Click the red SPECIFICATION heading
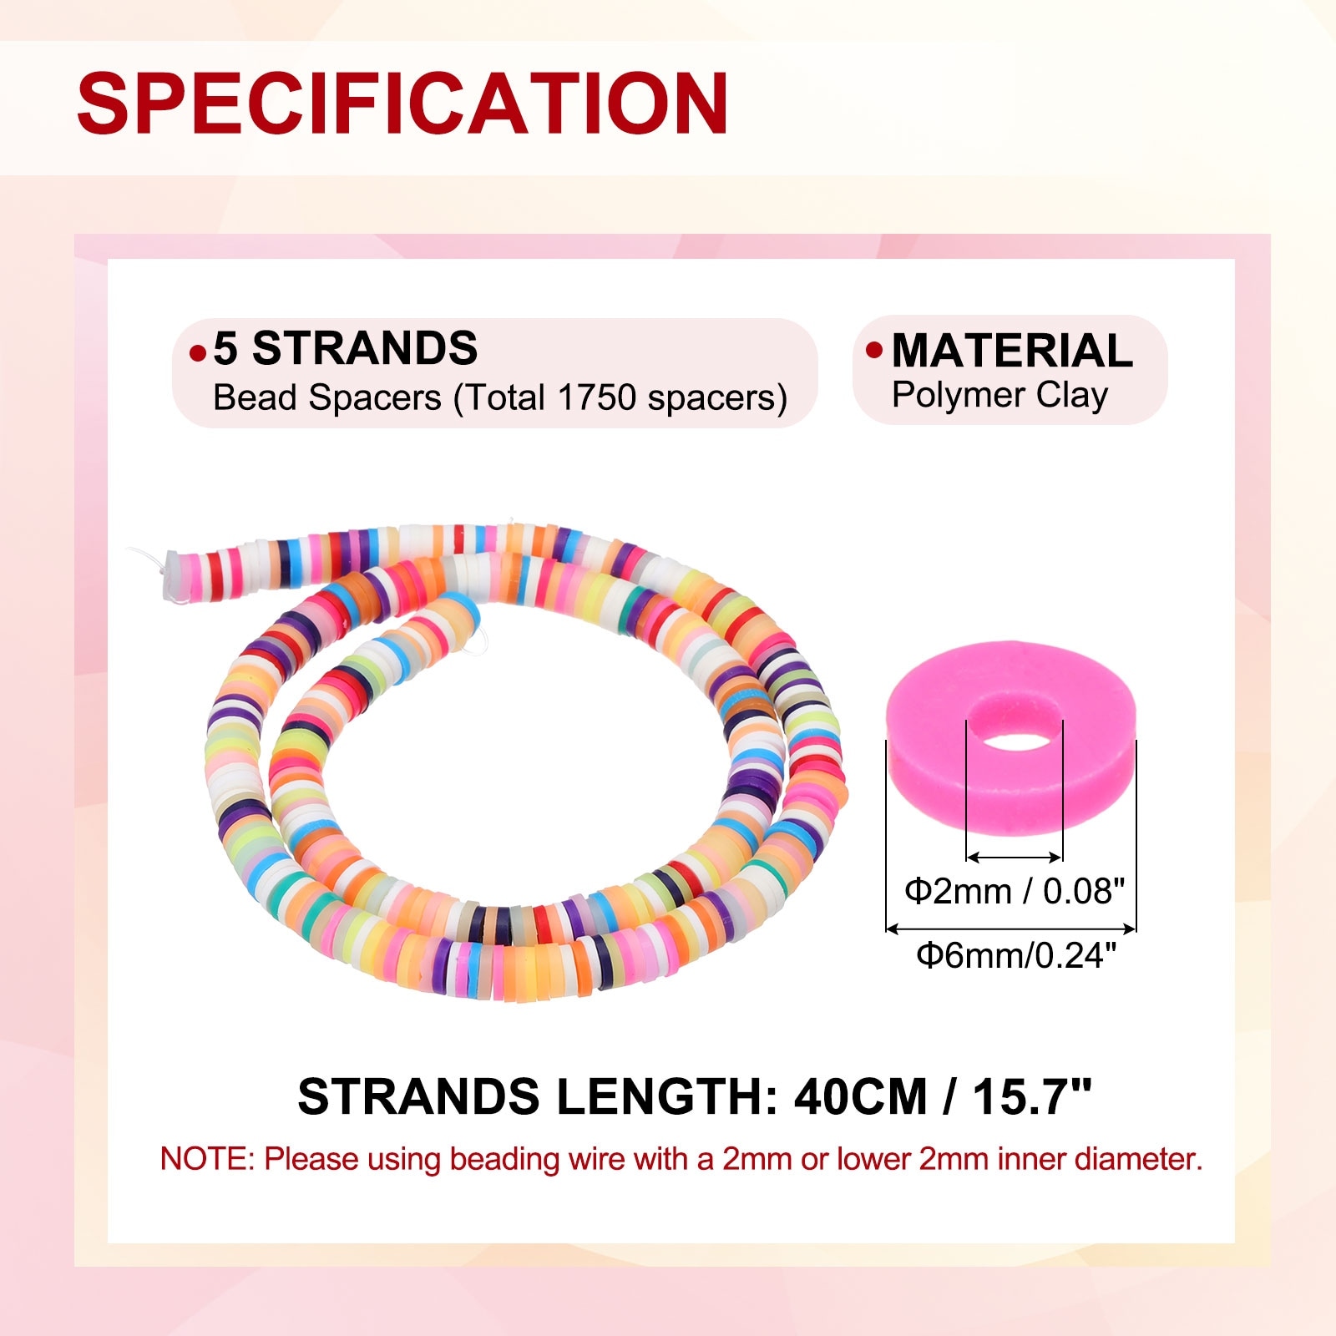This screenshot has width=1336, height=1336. [x=402, y=103]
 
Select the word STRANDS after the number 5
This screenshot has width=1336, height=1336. [x=365, y=348]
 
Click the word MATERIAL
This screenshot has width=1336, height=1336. [x=1012, y=351]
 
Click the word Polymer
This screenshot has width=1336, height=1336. [x=959, y=395]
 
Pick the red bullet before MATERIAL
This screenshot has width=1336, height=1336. [x=873, y=350]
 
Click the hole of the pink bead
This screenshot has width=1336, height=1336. [x=1015, y=741]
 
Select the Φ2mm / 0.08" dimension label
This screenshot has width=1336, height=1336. [x=1015, y=892]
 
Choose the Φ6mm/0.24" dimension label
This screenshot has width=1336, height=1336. [x=1015, y=955]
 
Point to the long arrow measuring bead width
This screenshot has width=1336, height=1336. [x=1011, y=928]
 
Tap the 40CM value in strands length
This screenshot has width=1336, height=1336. [x=861, y=1096]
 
